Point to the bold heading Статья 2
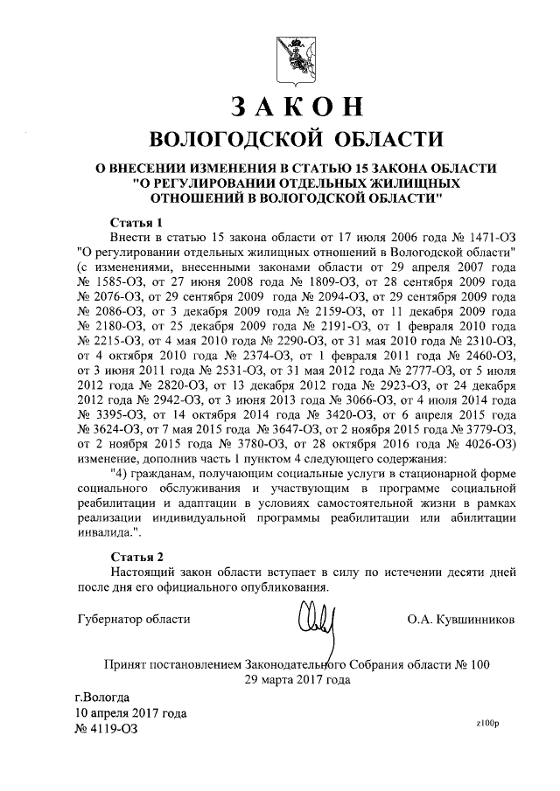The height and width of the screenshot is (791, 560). pyautogui.click(x=136, y=556)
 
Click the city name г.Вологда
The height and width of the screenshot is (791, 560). pyautogui.click(x=103, y=697)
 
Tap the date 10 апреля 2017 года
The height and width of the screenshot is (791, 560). pyautogui.click(x=131, y=712)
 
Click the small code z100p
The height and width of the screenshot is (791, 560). pyautogui.click(x=486, y=723)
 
